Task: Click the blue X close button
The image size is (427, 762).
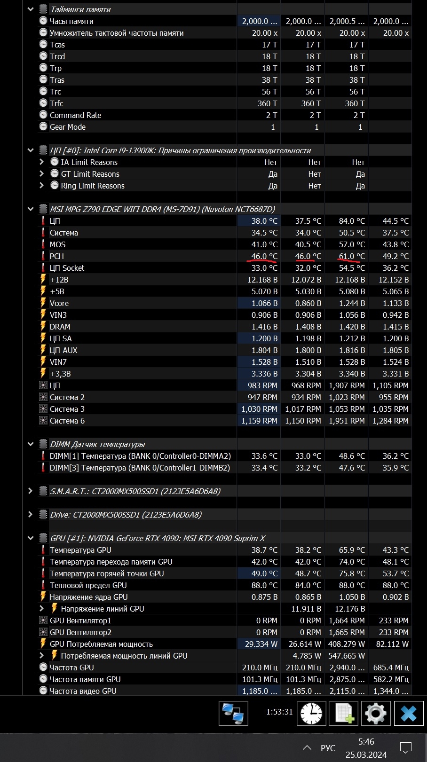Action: tap(408, 714)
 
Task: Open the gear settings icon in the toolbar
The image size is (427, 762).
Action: tap(375, 714)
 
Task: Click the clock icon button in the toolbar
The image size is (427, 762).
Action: tap(311, 714)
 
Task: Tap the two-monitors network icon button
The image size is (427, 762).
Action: tap(233, 714)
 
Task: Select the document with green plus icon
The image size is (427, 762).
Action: tap(343, 714)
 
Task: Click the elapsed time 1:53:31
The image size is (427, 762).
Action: tap(279, 712)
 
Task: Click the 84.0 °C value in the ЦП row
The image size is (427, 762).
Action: tap(352, 221)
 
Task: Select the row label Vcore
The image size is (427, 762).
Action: tap(59, 303)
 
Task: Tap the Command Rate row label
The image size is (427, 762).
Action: tap(75, 115)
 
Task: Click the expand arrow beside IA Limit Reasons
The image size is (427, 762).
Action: tap(42, 162)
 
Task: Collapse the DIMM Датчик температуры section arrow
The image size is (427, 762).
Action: tap(31, 444)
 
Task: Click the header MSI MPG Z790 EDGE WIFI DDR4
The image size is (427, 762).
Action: tap(162, 209)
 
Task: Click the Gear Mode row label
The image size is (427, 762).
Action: tap(68, 127)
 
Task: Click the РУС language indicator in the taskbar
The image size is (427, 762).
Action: tap(328, 748)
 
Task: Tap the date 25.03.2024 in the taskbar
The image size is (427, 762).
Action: tap(366, 754)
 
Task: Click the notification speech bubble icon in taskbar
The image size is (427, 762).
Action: tap(405, 747)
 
